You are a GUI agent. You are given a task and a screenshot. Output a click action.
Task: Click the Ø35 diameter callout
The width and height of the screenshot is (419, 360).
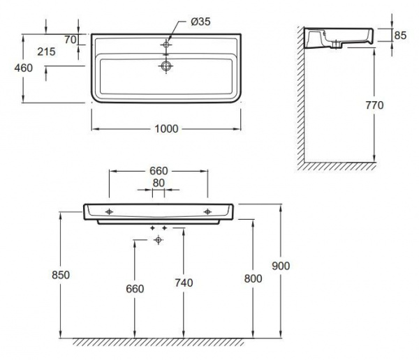pyautogui.click(x=200, y=22)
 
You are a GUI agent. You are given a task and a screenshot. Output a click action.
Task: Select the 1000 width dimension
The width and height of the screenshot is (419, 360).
pyautogui.click(x=166, y=129)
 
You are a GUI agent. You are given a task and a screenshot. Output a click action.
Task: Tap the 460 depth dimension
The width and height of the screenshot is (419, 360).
pyautogui.click(x=24, y=68)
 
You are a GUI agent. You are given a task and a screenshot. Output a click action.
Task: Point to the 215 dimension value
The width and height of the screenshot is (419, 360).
pyautogui.click(x=46, y=52)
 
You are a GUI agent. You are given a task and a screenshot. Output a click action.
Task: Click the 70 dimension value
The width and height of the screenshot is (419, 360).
pyautogui.click(x=71, y=40)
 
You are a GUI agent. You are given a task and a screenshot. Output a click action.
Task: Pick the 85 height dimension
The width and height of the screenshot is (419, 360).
pyautogui.click(x=400, y=36)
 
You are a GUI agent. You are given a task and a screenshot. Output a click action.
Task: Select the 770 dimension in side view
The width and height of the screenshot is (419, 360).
pyautogui.click(x=374, y=105)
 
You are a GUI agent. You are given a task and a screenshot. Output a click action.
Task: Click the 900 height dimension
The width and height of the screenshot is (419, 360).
pyautogui.click(x=281, y=266)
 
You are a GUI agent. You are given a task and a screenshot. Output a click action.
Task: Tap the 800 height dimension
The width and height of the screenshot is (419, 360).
pyautogui.click(x=253, y=278)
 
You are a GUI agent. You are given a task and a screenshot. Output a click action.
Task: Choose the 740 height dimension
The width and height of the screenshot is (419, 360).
pyautogui.click(x=184, y=283)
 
